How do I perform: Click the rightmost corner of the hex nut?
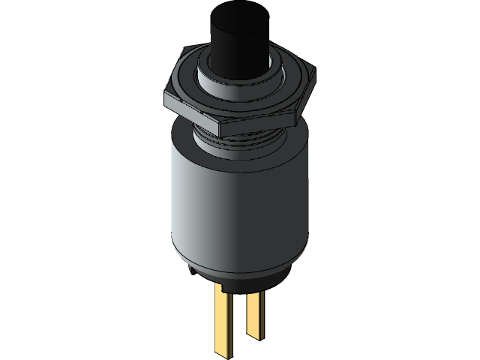(315, 72)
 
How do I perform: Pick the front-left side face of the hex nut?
(190, 113)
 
